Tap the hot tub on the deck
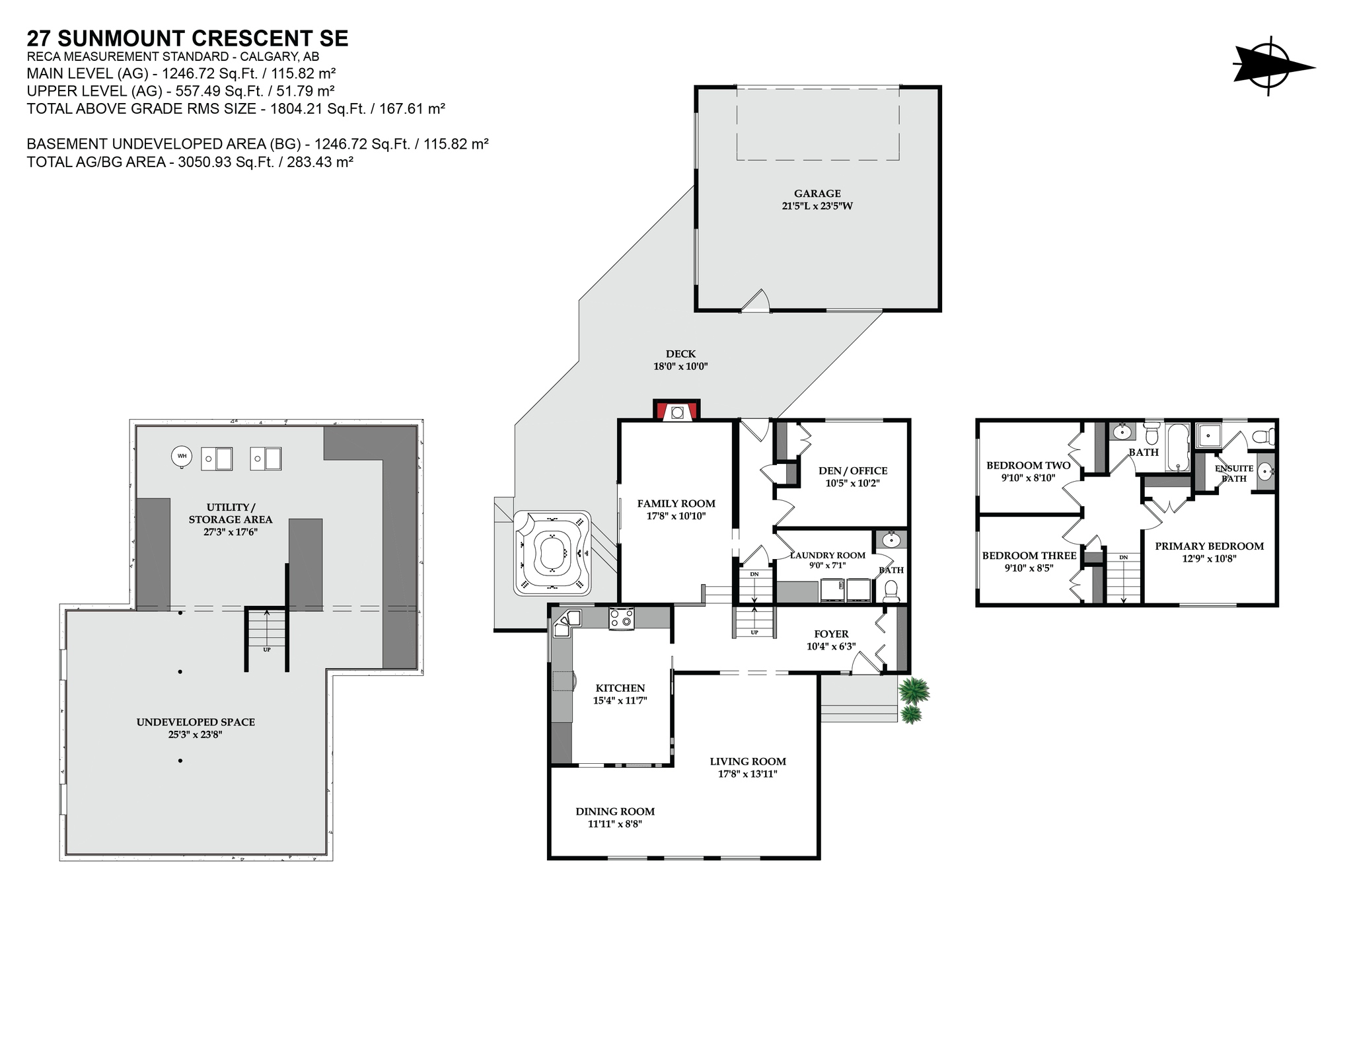(552, 552)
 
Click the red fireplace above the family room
(676, 411)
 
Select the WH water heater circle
(182, 456)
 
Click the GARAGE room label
(817, 194)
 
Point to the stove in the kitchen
(621, 618)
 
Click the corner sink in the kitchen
(567, 622)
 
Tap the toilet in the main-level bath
(891, 590)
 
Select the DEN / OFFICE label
(853, 470)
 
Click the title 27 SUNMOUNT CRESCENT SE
(188, 38)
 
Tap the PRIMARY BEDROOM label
(1209, 546)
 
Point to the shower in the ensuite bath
(1210, 435)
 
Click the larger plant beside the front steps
(914, 690)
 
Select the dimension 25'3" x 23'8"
(196, 734)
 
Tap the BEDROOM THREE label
(1029, 556)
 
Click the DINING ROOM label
(615, 811)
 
